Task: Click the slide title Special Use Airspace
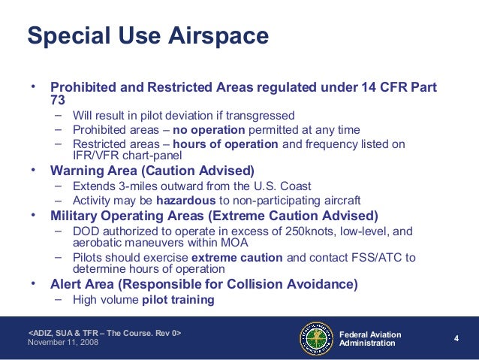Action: (x=147, y=35)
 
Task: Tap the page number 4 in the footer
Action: (x=456, y=338)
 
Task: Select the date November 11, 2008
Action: (x=63, y=343)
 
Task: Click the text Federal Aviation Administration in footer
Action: (x=370, y=338)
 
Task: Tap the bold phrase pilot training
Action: (x=178, y=299)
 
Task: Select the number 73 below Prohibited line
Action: (x=58, y=99)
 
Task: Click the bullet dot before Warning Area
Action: (x=33, y=170)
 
